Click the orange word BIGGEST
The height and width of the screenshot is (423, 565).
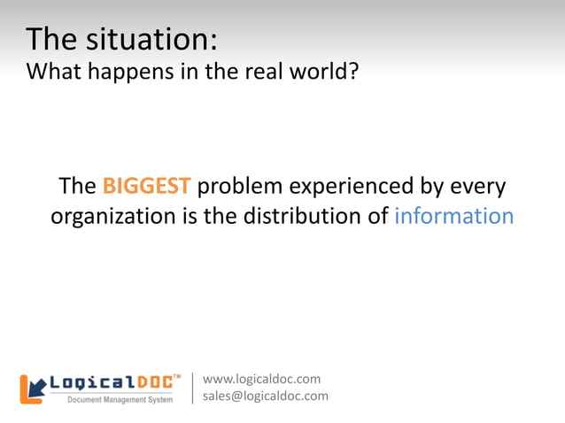[146, 187]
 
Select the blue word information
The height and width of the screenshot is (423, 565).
[453, 216]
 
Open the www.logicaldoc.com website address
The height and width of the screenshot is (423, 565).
[262, 380]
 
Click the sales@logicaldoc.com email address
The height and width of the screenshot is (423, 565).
[266, 396]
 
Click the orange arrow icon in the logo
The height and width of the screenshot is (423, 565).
[33, 388]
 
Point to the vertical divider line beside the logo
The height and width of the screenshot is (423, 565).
[193, 388]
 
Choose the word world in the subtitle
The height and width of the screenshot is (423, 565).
[321, 71]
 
